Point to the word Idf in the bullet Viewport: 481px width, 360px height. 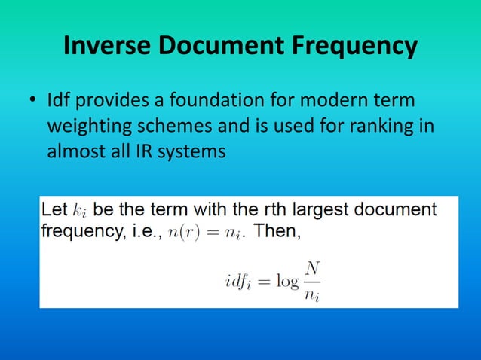pos(59,101)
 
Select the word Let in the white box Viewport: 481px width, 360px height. pos(54,209)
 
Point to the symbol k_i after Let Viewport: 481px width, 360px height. pos(81,211)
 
